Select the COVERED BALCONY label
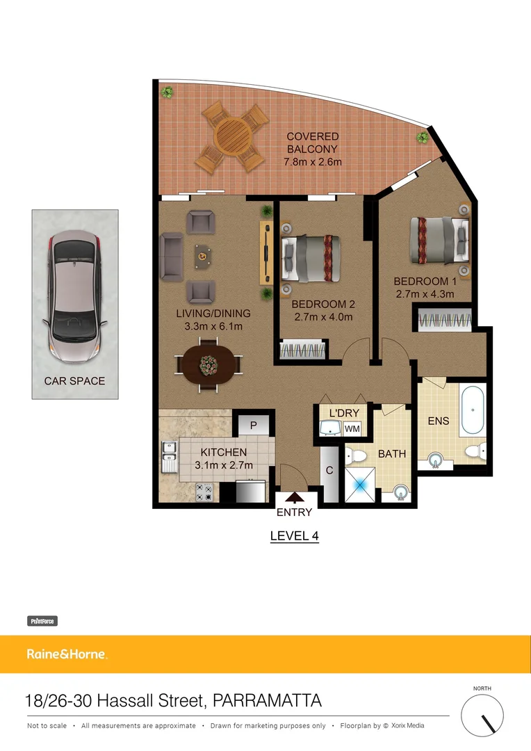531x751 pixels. pyautogui.click(x=312, y=149)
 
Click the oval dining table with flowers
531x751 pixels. pyautogui.click(x=208, y=364)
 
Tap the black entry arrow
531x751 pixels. pyautogui.click(x=295, y=497)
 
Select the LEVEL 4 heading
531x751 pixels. pyautogui.click(x=294, y=535)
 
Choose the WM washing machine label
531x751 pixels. pyautogui.click(x=352, y=429)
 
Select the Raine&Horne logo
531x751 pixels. pyautogui.click(x=67, y=654)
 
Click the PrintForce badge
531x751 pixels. pyautogui.click(x=42, y=621)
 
